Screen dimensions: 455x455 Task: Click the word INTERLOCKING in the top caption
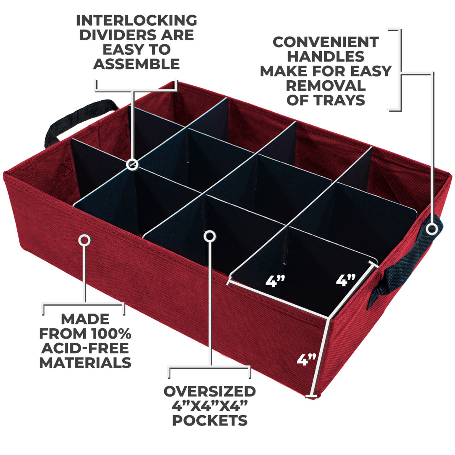pyautogui.click(x=136, y=21)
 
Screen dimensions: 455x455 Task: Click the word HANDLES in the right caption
pyautogui.click(x=326, y=57)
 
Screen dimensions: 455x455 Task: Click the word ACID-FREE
pyautogui.click(x=85, y=348)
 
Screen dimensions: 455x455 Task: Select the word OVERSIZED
pyautogui.click(x=210, y=391)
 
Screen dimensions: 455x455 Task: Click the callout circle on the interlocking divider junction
pyautogui.click(x=132, y=164)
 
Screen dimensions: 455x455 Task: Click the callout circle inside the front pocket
pyautogui.click(x=210, y=236)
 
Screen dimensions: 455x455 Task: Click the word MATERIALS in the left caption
pyautogui.click(x=85, y=363)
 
